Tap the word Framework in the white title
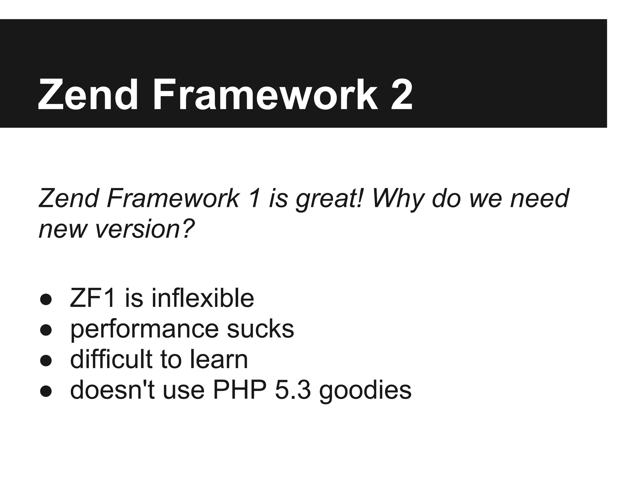[x=265, y=95]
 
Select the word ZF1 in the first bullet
[x=93, y=298]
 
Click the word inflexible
[x=203, y=298]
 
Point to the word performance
[x=144, y=330]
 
